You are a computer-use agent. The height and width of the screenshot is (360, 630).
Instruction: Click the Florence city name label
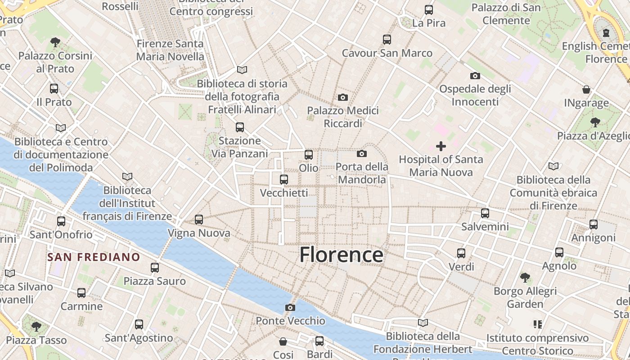pyautogui.click(x=341, y=255)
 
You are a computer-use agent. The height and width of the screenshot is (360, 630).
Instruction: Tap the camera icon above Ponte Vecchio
pyautogui.click(x=290, y=307)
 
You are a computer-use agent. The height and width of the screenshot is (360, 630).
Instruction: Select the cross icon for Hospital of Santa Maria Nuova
pyautogui.click(x=441, y=146)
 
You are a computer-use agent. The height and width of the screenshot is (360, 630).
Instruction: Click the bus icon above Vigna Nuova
pyautogui.click(x=199, y=220)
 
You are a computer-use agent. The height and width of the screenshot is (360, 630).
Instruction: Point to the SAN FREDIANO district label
pyautogui.click(x=94, y=257)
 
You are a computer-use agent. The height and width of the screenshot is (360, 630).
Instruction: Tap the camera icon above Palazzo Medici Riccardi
pyautogui.click(x=343, y=97)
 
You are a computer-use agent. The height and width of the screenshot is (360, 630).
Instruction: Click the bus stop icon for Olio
pyautogui.click(x=309, y=155)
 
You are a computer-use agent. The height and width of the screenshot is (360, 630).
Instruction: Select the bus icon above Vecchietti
pyautogui.click(x=284, y=180)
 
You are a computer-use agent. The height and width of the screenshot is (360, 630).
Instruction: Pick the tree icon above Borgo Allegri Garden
pyautogui.click(x=525, y=277)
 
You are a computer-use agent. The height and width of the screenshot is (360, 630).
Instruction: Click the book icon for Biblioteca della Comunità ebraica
pyautogui.click(x=553, y=166)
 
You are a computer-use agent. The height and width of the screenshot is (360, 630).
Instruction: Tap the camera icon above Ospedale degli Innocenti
pyautogui.click(x=475, y=76)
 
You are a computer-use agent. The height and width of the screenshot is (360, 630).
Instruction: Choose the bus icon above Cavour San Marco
pyautogui.click(x=387, y=40)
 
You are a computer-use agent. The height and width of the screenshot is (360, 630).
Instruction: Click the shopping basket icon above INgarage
pyautogui.click(x=586, y=90)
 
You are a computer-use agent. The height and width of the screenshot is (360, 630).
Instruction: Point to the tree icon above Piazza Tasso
pyautogui.click(x=36, y=326)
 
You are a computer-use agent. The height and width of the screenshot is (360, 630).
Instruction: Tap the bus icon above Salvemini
pyautogui.click(x=485, y=213)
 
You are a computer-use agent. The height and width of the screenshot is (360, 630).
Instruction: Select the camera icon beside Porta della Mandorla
pyautogui.click(x=362, y=154)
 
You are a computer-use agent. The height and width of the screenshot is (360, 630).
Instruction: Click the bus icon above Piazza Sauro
pyautogui.click(x=155, y=268)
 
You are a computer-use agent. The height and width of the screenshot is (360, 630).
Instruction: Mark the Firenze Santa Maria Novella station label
pyautogui.click(x=170, y=50)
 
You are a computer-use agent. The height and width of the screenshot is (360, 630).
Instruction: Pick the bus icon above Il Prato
pyautogui.click(x=54, y=89)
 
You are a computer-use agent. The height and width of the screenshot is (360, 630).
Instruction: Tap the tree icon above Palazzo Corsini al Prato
pyautogui.click(x=55, y=42)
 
